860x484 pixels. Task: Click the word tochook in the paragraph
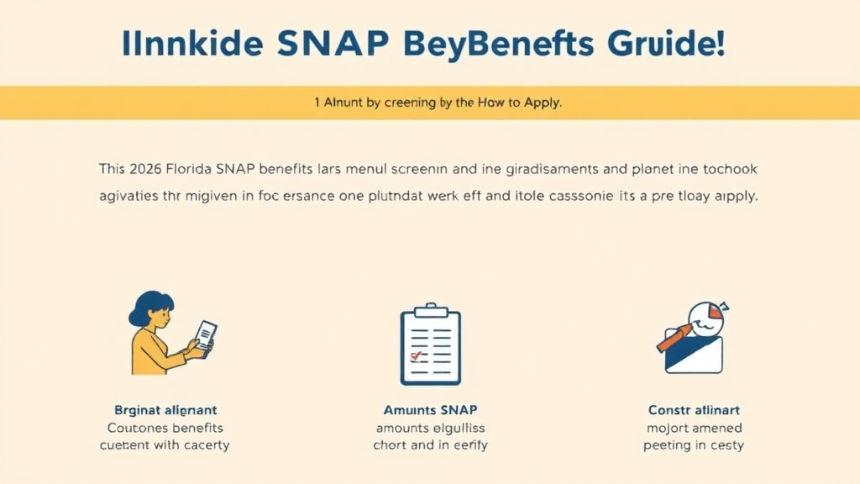click(x=729, y=169)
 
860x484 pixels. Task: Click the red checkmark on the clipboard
click(x=414, y=355)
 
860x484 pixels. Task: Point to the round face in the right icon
click(x=706, y=318)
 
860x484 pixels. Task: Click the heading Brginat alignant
click(x=165, y=410)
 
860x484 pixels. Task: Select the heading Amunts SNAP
click(x=430, y=410)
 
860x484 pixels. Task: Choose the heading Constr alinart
click(x=694, y=410)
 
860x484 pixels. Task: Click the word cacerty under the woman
click(x=201, y=445)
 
